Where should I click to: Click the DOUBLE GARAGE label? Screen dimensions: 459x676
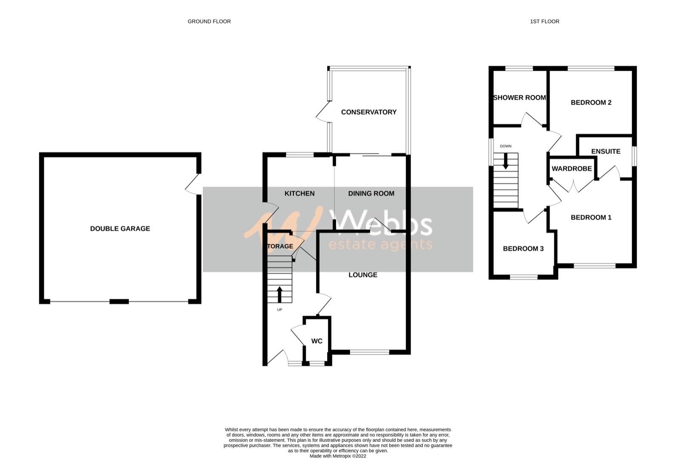pos(120,229)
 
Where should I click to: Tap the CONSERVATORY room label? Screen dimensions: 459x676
pos(368,112)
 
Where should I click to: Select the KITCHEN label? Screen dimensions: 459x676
pos(299,194)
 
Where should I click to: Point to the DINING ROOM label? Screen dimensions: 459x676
pos(371,194)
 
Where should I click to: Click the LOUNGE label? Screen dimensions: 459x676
pos(363,275)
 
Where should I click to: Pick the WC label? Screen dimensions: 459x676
pos(317,341)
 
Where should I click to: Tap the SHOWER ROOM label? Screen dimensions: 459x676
pos(519,98)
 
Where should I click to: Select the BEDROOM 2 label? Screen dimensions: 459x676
pos(591,103)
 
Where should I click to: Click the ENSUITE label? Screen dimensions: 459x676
pos(605,152)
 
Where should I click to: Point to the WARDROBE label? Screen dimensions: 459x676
pos(571,169)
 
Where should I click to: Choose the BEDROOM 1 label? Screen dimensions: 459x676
pos(591,218)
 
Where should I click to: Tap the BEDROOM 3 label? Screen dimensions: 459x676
pos(523,249)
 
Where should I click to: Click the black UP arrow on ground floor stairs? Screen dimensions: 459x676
pos(280,294)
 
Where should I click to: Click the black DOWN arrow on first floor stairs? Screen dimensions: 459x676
pos(506,161)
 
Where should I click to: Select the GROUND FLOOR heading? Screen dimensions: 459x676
pos(209,21)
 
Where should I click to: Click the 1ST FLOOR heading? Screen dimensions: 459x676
pos(545,21)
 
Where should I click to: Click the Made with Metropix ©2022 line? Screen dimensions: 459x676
pos(338,456)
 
